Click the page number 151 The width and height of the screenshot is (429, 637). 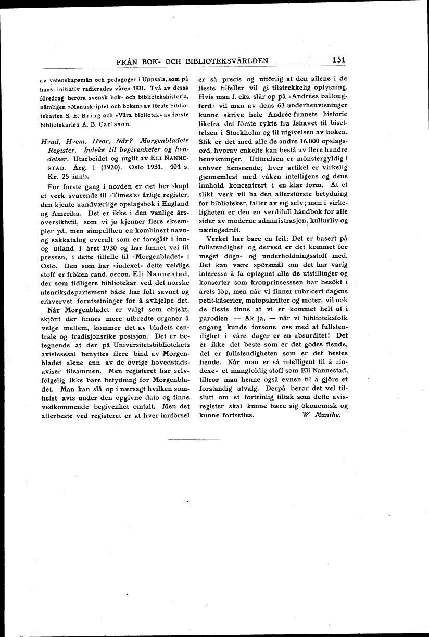tap(338, 60)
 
